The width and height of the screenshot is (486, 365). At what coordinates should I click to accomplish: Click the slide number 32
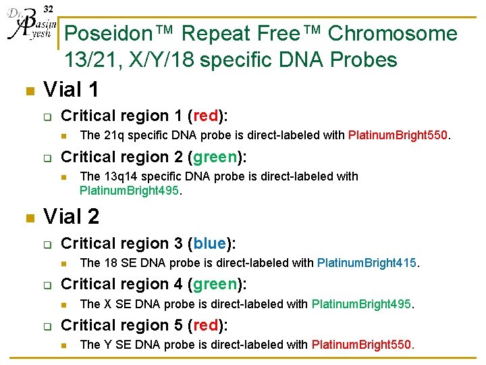coord(48,9)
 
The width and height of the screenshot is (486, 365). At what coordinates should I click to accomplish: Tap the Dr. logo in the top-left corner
coord(28,26)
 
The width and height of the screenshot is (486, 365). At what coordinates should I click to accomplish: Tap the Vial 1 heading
coord(71,89)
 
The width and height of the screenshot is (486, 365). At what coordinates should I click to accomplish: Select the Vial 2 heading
coord(71,216)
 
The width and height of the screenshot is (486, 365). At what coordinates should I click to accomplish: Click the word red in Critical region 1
coord(207,116)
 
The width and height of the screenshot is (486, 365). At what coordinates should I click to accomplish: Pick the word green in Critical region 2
coord(215,157)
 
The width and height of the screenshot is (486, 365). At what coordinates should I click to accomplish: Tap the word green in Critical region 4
coord(215,284)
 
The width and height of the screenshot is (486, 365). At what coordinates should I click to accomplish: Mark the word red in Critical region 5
coord(207,325)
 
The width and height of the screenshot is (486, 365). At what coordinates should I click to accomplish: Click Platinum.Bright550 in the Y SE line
coord(361,345)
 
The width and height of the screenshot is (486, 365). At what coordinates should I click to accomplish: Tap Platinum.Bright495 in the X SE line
coord(361,304)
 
